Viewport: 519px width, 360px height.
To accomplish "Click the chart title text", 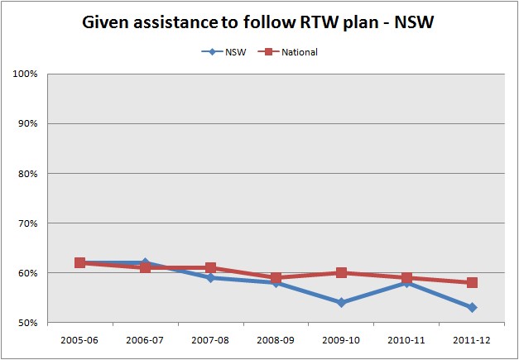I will coord(259,22).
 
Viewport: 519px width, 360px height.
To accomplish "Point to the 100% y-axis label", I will coord(27,74).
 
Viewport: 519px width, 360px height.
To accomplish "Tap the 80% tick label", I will coord(29,174).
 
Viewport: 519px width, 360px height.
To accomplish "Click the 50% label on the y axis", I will coord(29,323).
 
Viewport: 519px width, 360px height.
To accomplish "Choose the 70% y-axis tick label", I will coord(29,223).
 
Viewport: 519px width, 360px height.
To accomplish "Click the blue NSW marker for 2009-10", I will coord(341,303).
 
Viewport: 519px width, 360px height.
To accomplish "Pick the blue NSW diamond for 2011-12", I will coord(472,308).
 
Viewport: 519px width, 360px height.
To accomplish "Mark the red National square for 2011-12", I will coord(472,283).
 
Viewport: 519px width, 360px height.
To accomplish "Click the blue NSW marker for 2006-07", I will coord(145,262).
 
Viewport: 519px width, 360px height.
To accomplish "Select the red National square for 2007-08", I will coord(210,268).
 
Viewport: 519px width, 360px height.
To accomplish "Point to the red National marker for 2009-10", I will coord(341,273).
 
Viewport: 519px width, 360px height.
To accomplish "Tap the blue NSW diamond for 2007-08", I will coord(210,278).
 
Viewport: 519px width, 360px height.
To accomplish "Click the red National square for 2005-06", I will coord(79,263).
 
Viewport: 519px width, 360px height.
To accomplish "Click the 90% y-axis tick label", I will coord(29,124).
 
